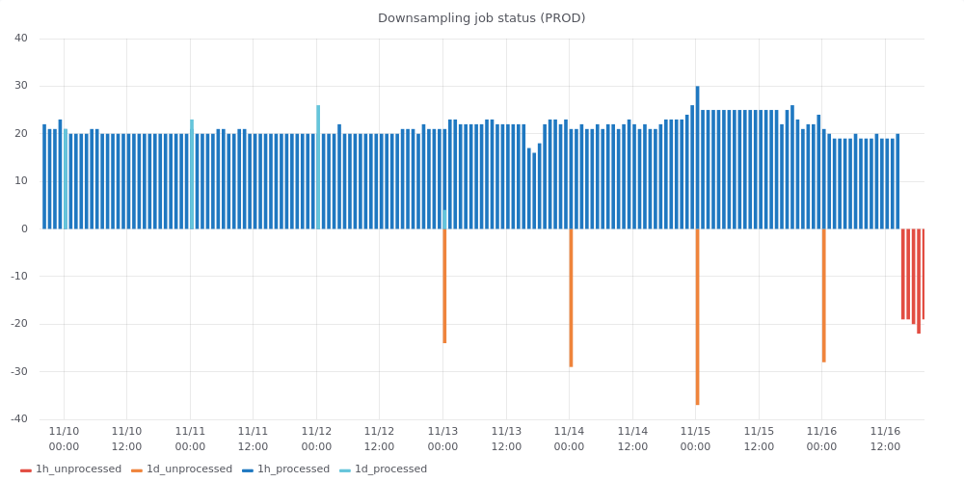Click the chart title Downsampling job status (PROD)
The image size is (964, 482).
pos(481,18)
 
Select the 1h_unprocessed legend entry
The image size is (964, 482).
pos(71,469)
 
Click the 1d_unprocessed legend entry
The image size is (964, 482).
pos(182,469)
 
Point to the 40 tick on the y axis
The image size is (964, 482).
pos(21,39)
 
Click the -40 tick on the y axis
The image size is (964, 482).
pos(19,419)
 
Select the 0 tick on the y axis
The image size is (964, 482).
pos(24,229)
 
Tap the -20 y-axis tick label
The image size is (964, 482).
pos(19,324)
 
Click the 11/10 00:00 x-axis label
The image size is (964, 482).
pos(64,439)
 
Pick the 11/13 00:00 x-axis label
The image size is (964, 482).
pos(442,439)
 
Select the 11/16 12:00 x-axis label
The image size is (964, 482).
pos(885,439)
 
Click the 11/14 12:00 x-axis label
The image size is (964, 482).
pos(632,439)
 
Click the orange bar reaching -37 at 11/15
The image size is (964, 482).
pos(697,318)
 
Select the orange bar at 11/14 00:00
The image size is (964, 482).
pos(571,299)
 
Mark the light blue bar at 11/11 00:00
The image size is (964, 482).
pos(192,174)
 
